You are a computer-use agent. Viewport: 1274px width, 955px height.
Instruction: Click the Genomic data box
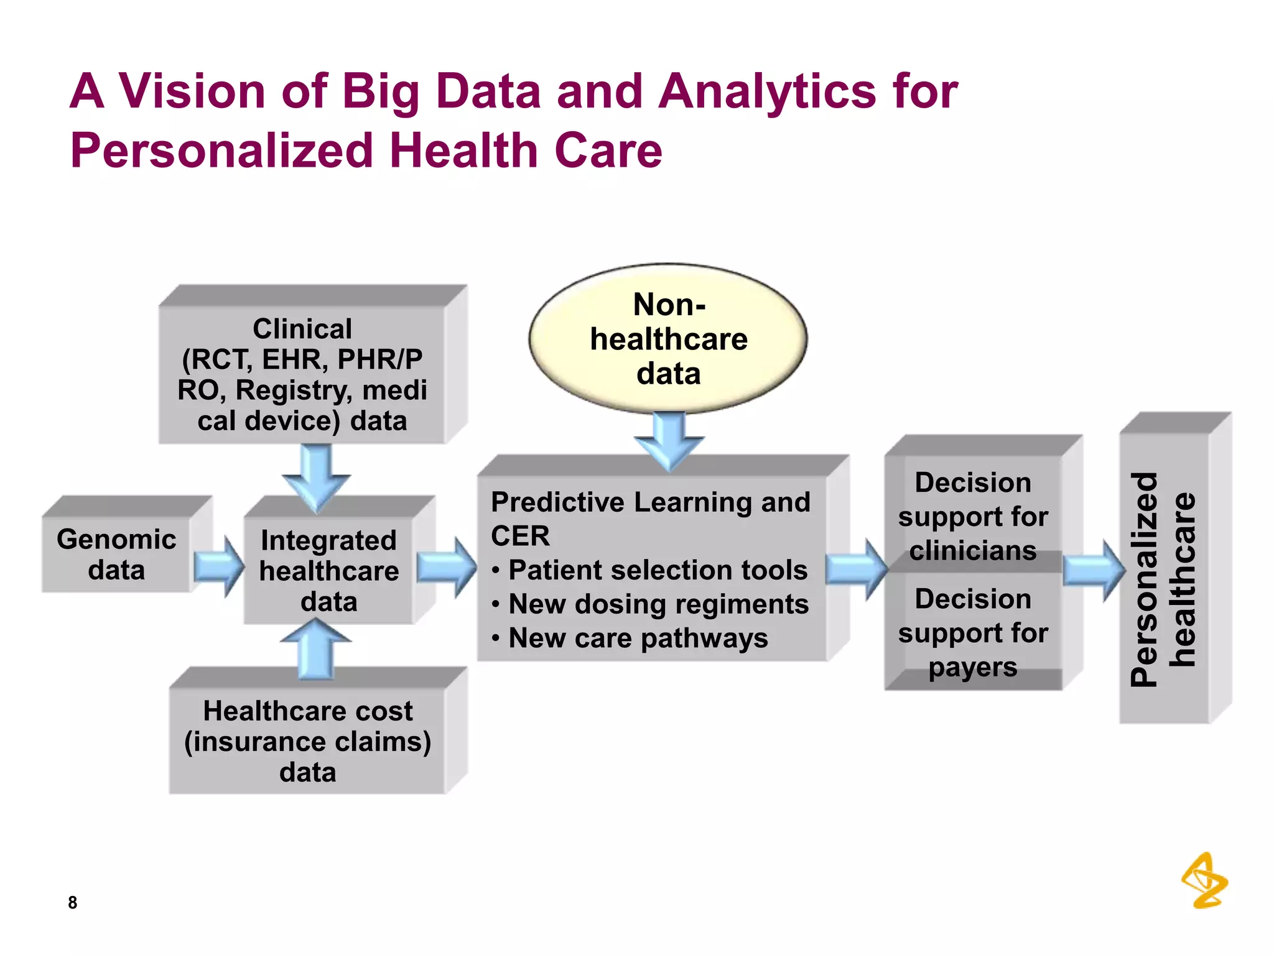pyautogui.click(x=116, y=554)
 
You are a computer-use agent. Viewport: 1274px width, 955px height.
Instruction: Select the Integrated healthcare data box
pyautogui.click(x=328, y=570)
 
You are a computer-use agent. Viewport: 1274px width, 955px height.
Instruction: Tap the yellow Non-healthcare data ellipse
pyautogui.click(x=668, y=339)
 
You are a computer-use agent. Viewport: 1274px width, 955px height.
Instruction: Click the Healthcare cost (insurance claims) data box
pyautogui.click(x=307, y=740)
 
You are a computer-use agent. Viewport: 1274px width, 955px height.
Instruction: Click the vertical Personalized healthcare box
pyautogui.click(x=1164, y=578)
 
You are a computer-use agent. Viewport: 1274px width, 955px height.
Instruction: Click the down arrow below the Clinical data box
pyautogui.click(x=317, y=476)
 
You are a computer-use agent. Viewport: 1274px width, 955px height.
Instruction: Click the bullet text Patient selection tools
pyautogui.click(x=658, y=570)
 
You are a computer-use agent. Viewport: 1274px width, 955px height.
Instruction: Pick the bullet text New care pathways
pyautogui.click(x=638, y=638)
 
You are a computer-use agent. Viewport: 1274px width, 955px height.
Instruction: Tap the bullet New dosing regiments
pyautogui.click(x=658, y=604)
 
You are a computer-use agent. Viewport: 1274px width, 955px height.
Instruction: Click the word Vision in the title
pyautogui.click(x=192, y=91)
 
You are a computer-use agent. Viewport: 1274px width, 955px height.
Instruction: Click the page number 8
pyautogui.click(x=73, y=902)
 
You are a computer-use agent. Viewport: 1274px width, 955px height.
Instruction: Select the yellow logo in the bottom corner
pyautogui.click(x=1204, y=880)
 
